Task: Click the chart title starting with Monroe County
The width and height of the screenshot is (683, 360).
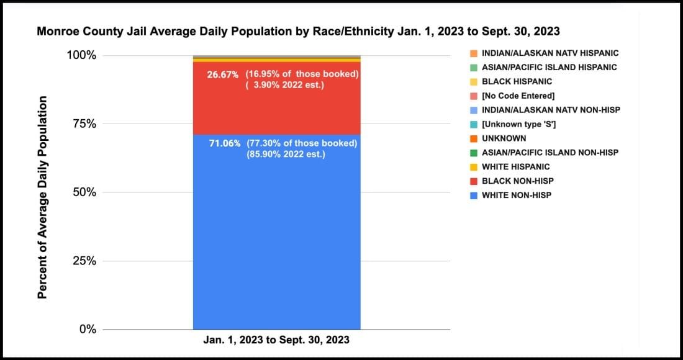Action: tap(299, 30)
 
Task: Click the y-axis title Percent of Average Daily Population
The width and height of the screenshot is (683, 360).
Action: tap(42, 197)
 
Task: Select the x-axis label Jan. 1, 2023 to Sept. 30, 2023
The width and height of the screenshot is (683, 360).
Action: tap(276, 340)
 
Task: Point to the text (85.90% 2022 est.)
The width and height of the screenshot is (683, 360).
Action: tap(286, 154)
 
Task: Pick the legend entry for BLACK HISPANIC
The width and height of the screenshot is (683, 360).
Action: tap(517, 81)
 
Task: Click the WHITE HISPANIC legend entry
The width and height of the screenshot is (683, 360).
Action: tap(515, 167)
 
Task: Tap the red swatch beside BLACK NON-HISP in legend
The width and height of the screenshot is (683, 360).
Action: tap(474, 181)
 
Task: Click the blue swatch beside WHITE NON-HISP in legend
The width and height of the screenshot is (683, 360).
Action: tap(474, 196)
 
